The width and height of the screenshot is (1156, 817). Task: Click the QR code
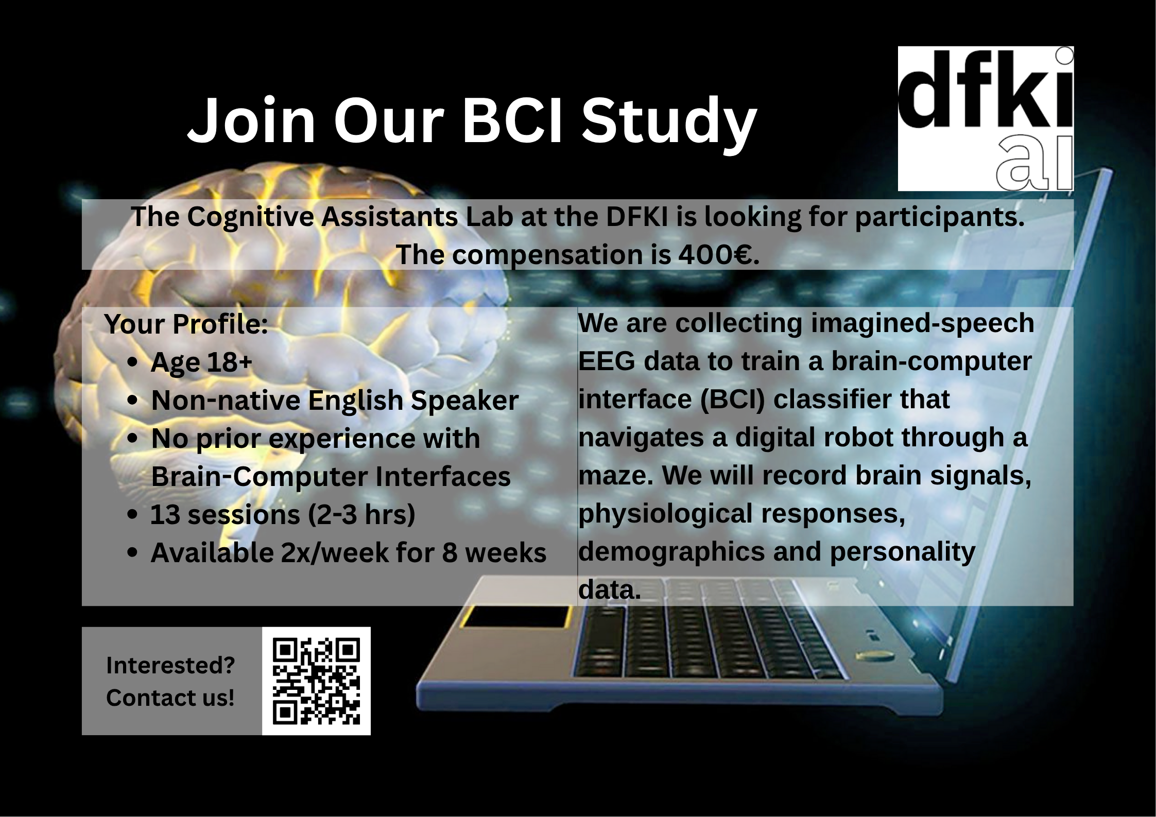316,681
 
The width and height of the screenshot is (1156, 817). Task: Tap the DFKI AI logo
986,118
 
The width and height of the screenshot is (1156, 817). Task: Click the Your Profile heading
186,324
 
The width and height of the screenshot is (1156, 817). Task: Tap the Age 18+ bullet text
201,362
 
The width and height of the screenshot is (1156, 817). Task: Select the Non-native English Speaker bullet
335,401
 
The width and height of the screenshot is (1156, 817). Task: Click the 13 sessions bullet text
283,515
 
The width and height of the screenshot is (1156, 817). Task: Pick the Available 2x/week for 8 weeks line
349,553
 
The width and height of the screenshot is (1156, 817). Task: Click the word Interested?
170,665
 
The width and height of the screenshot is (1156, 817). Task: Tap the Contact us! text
170,698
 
